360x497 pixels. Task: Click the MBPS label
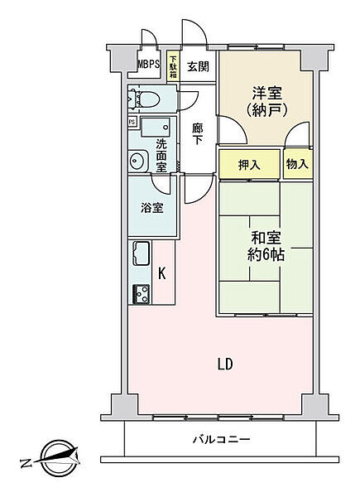pyautogui.click(x=148, y=65)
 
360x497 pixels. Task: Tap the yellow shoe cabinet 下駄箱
pyautogui.click(x=173, y=67)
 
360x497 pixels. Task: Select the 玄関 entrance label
pyautogui.click(x=198, y=66)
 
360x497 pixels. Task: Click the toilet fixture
pyautogui.click(x=143, y=99)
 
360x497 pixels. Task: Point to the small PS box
pyautogui.click(x=132, y=122)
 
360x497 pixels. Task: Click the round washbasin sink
pyautogui.click(x=138, y=161)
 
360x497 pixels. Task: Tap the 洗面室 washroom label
pyautogui.click(x=161, y=156)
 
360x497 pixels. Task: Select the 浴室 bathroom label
pyautogui.click(x=152, y=208)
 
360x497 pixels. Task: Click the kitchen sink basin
pyautogui.click(x=142, y=253)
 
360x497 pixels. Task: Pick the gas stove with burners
pyautogui.click(x=142, y=294)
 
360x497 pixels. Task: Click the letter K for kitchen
pyautogui.click(x=162, y=273)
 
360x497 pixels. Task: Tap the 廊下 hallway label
pyautogui.click(x=198, y=133)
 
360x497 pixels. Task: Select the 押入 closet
pyautogui.click(x=249, y=164)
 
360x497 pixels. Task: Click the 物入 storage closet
pyautogui.click(x=298, y=164)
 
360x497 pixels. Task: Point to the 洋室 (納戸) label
pyautogui.click(x=266, y=101)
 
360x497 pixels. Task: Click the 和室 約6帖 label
pyautogui.click(x=266, y=246)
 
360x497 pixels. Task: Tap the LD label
pyautogui.click(x=225, y=364)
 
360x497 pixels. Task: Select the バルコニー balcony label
pyautogui.click(x=222, y=439)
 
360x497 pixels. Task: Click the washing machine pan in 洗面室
pyautogui.click(x=156, y=127)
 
